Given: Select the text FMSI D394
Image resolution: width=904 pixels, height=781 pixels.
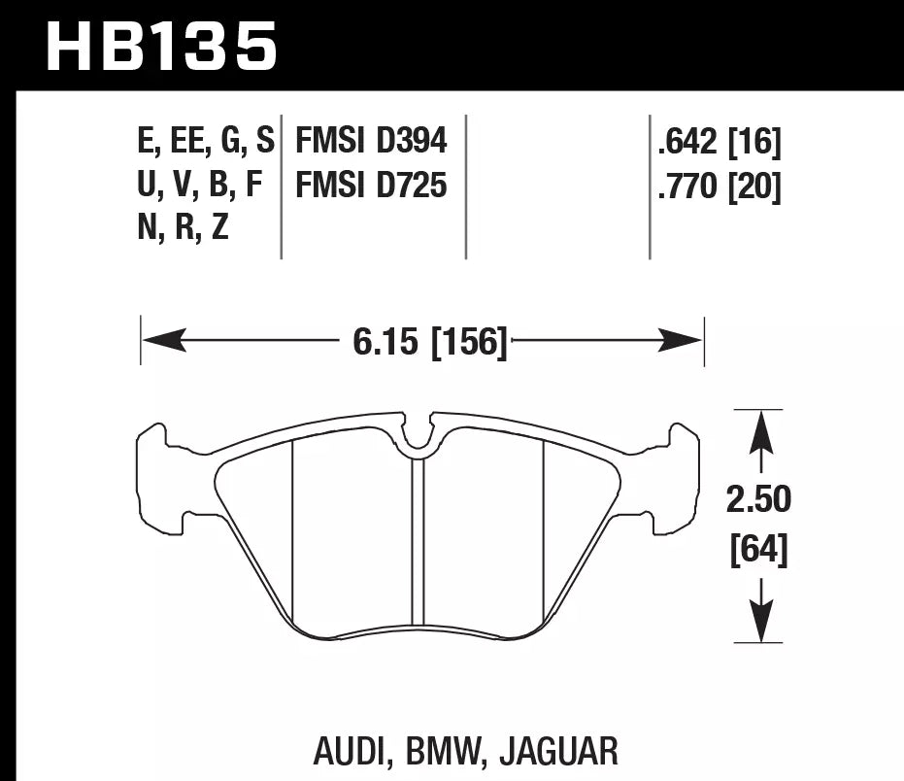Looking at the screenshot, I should (x=371, y=142).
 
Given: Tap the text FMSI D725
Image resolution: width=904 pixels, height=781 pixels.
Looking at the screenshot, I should (x=371, y=184).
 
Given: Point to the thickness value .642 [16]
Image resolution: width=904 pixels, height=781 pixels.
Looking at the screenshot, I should (x=719, y=142).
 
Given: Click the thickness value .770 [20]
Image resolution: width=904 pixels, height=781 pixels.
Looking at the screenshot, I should (x=719, y=184).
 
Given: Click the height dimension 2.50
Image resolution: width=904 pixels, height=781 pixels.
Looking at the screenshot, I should (x=758, y=500).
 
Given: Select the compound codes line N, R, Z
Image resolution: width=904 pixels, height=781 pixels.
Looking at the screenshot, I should (x=184, y=227).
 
